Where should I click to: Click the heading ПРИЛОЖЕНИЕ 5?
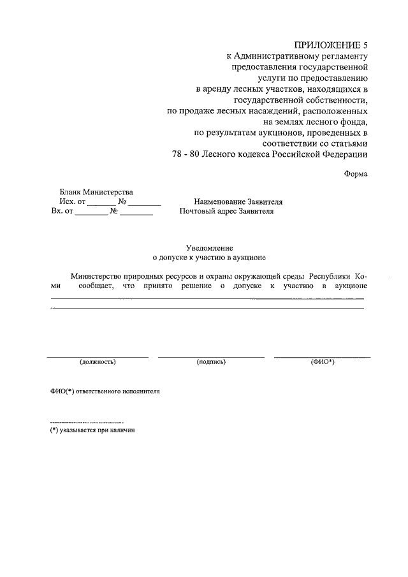331,45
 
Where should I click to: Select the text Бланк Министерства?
96,192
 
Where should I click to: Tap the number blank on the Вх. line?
137,214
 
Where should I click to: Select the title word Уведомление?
208,247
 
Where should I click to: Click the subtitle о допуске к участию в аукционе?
208,258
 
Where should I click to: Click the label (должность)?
98,362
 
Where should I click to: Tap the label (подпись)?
212,362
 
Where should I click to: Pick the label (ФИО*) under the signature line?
323,362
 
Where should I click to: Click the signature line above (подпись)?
211,356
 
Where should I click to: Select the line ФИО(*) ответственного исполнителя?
105,391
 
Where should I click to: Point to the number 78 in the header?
178,155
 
